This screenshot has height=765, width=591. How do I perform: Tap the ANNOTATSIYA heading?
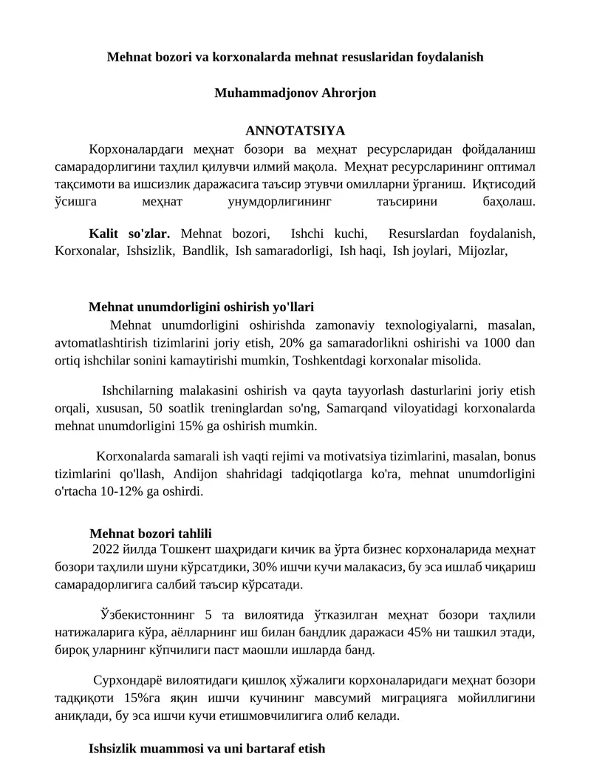click(295, 131)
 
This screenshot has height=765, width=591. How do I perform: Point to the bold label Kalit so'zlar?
click(129, 233)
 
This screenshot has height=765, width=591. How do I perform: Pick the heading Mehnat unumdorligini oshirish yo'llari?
click(206, 307)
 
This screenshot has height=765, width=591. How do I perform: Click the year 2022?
click(105, 549)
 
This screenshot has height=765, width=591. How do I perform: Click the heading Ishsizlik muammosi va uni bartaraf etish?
click(207, 748)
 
